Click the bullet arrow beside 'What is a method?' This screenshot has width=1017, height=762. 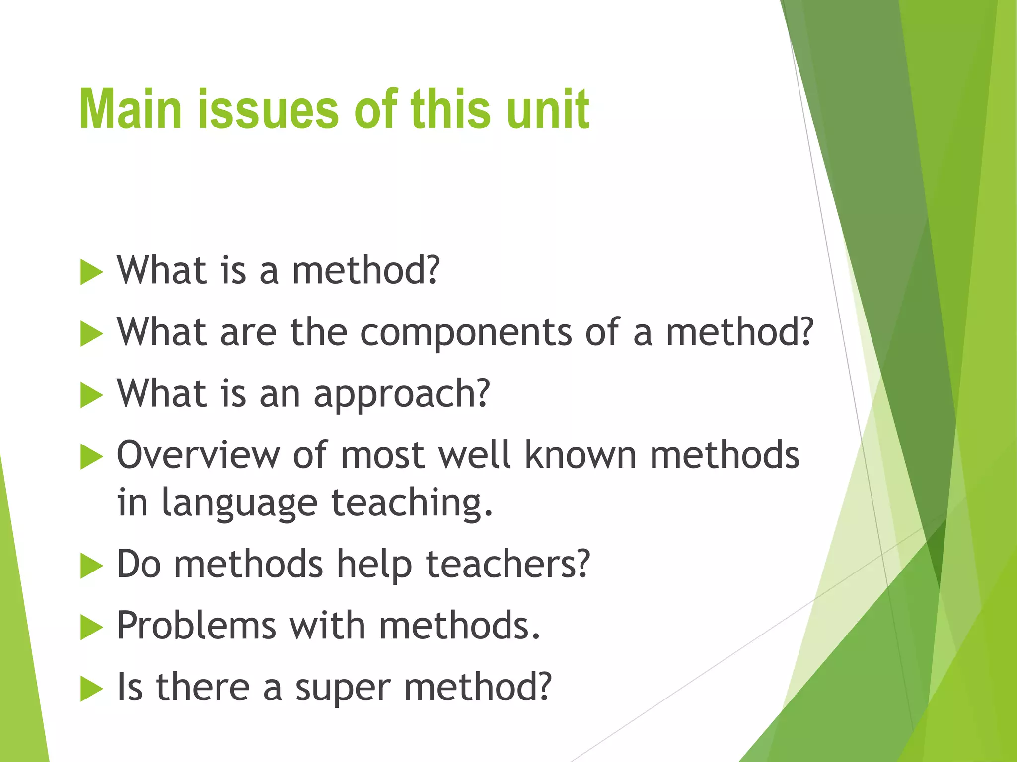(91, 272)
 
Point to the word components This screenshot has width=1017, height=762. (466, 332)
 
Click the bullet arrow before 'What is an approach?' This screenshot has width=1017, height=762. (91, 395)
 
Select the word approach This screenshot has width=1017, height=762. (402, 394)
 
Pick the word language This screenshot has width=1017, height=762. (240, 503)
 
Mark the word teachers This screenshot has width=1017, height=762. (508, 565)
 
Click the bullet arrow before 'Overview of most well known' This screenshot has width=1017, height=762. (91, 457)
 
